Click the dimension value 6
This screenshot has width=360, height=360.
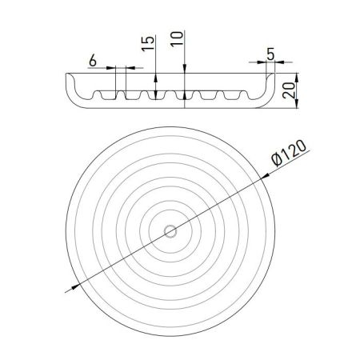(93, 60)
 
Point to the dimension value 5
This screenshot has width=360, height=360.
(270, 54)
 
